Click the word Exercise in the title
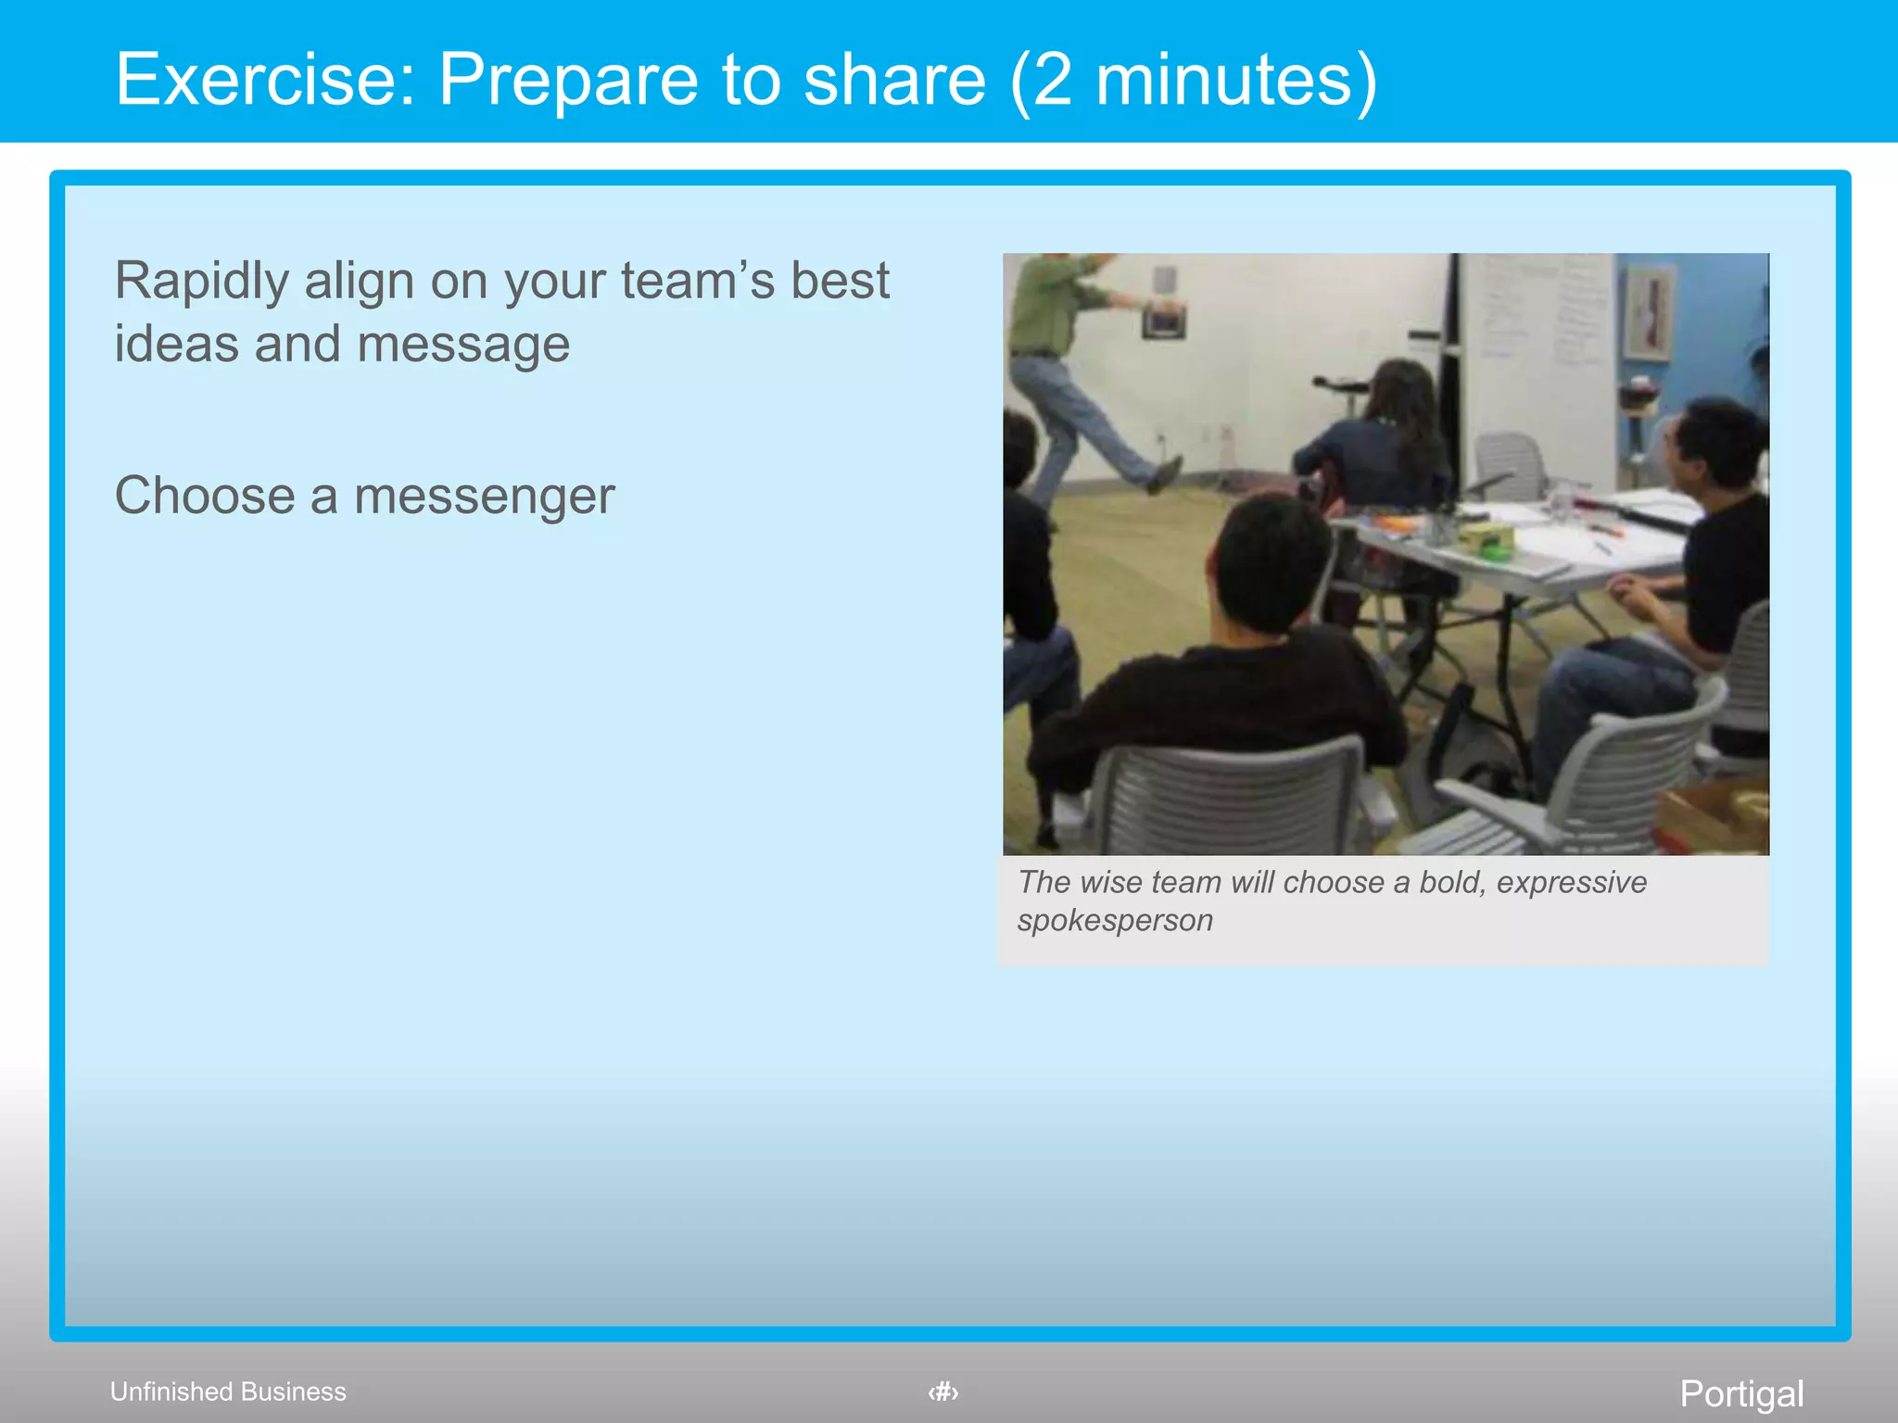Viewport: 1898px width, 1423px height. (x=264, y=79)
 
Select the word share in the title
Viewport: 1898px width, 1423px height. (x=894, y=79)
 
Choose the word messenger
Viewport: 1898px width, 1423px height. (x=484, y=496)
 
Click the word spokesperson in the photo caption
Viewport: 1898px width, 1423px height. (x=1115, y=920)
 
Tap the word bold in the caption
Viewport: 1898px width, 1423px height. (x=1451, y=882)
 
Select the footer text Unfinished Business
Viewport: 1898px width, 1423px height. (x=228, y=1392)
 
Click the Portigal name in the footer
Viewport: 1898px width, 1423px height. (x=1741, y=1393)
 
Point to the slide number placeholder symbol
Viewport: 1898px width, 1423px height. (x=943, y=1392)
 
